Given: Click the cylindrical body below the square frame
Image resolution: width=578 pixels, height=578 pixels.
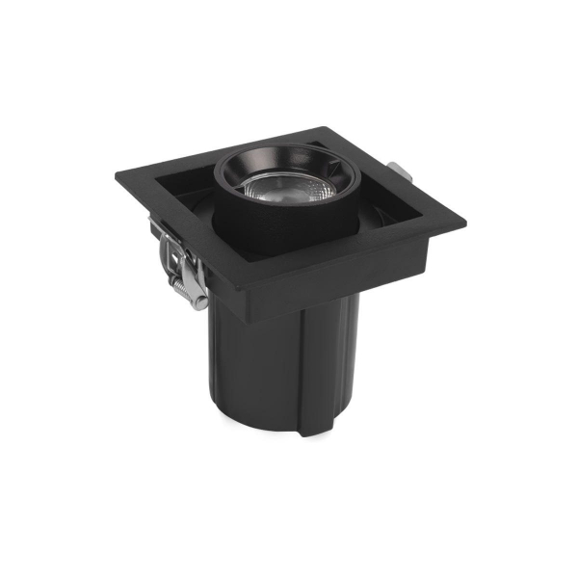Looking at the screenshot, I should (x=260, y=366).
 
